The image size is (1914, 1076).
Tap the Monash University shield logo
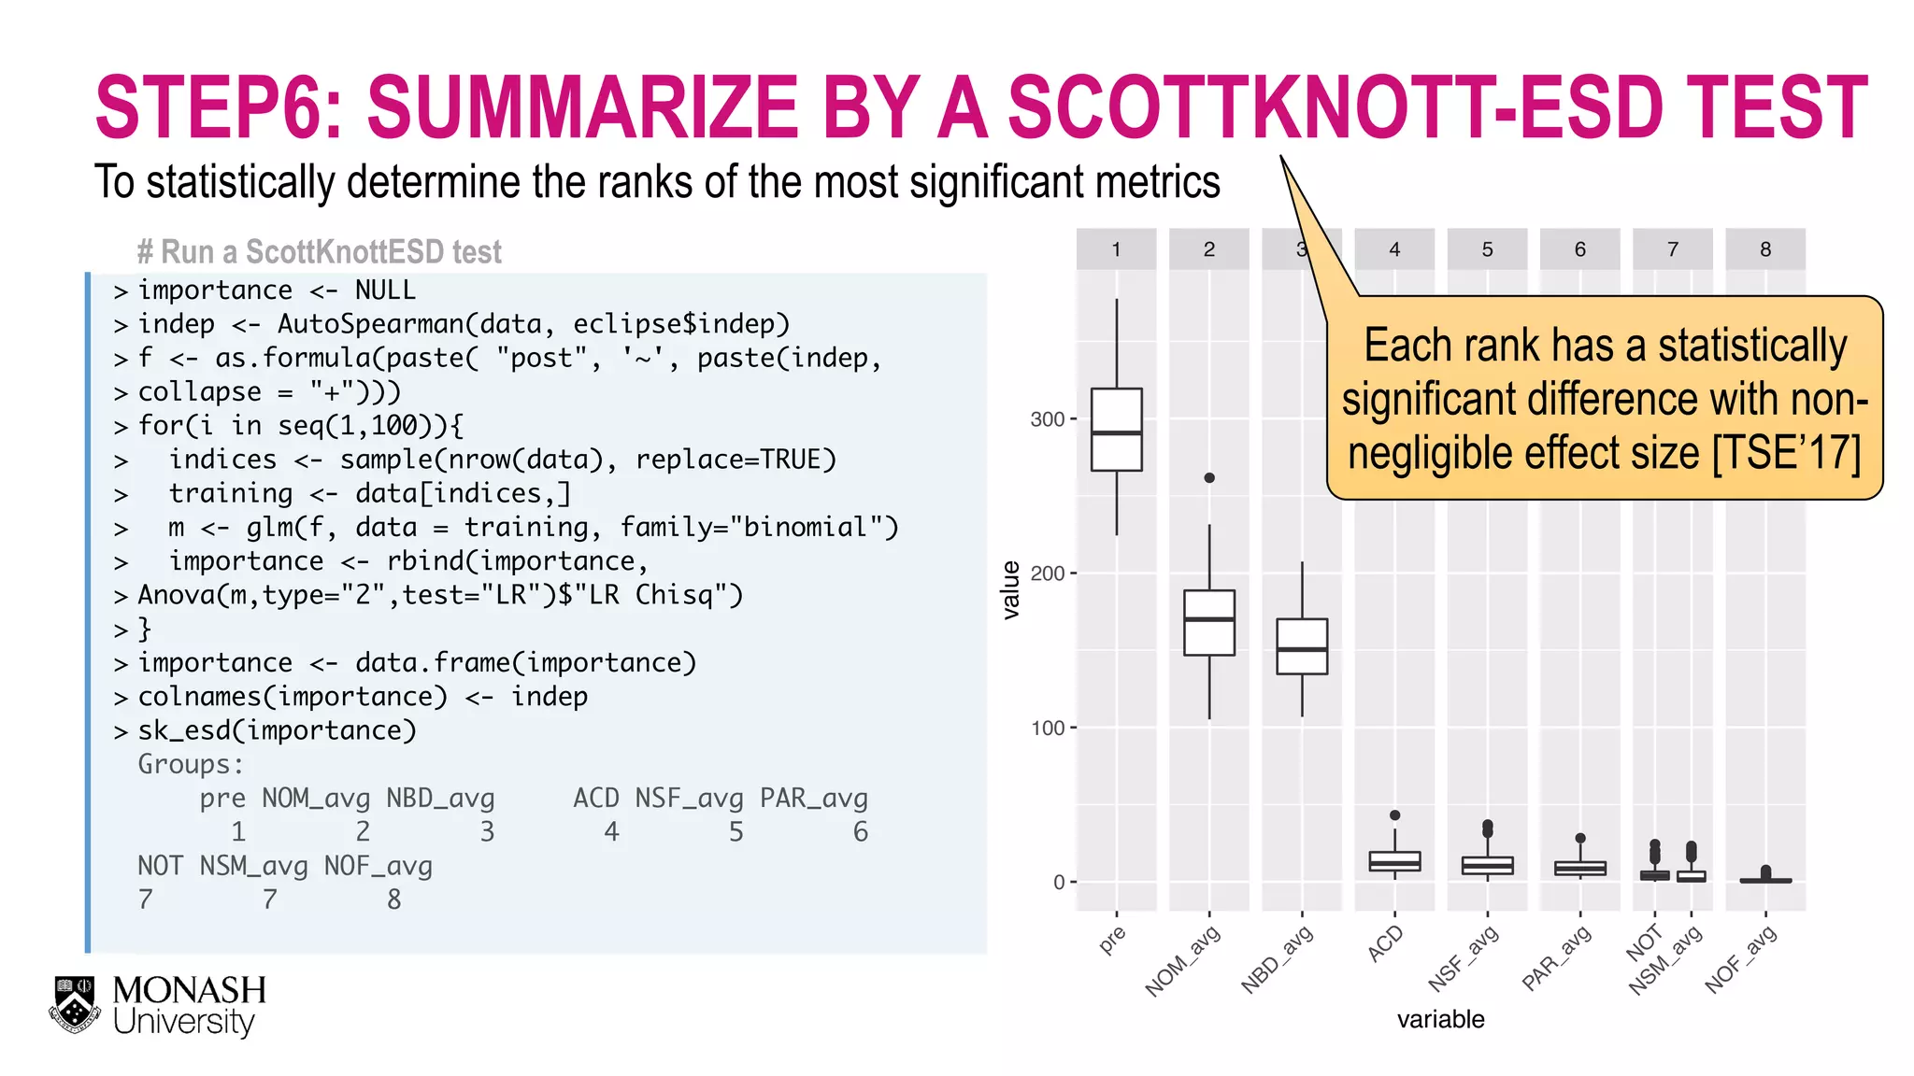coord(75,1004)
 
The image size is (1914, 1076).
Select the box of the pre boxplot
coord(1116,429)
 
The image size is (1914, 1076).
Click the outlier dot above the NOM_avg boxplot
coord(1208,477)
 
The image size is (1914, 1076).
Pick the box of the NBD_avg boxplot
coord(1301,645)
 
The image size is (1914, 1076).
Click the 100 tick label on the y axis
coord(1048,728)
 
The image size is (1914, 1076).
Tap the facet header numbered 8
coord(1764,249)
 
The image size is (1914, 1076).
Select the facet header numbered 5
coord(1487,249)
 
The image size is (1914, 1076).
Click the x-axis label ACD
coord(1385,943)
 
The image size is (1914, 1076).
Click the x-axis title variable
coord(1440,1019)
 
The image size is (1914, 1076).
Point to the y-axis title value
coord(1010,590)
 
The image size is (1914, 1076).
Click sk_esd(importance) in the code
coord(277,730)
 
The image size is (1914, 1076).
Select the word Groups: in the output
coord(191,764)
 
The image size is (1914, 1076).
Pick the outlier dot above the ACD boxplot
coord(1394,814)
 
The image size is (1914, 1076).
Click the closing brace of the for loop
coord(145,629)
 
